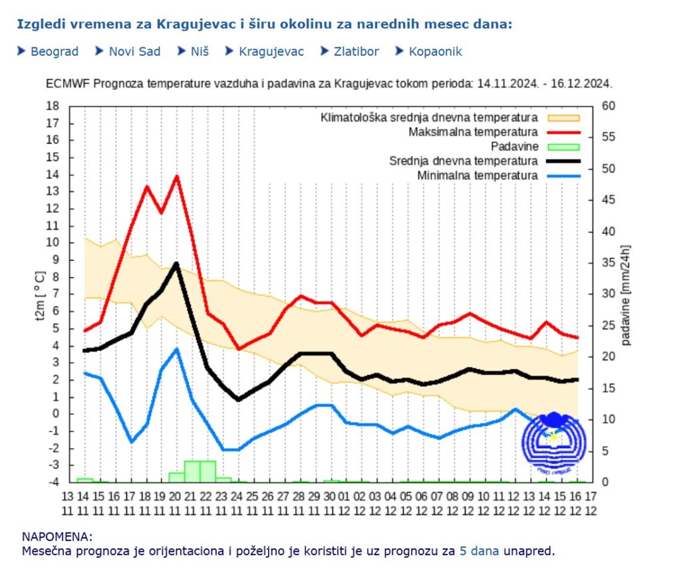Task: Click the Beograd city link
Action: (x=54, y=51)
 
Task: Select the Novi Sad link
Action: (x=134, y=51)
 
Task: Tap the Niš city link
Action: (x=200, y=51)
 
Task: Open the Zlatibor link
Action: (x=356, y=51)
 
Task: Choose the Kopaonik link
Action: (x=435, y=51)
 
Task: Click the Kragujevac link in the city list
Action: (x=271, y=51)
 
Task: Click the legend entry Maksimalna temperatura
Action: (x=473, y=132)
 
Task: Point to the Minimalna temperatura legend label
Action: (x=477, y=175)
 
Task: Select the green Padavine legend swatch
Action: (x=563, y=147)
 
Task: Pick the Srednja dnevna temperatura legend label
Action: (x=463, y=161)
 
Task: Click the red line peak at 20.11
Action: (x=176, y=176)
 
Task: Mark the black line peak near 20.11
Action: (x=176, y=263)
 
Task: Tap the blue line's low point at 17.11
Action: (x=131, y=441)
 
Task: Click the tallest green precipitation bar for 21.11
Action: (x=192, y=471)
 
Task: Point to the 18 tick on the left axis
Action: (x=53, y=106)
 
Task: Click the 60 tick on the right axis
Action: (x=607, y=106)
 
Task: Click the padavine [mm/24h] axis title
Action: (x=626, y=294)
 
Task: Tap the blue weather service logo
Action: (x=553, y=441)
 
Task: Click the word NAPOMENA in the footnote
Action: (x=57, y=536)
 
